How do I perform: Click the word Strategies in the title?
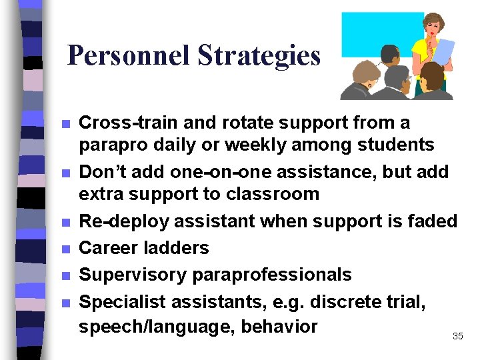coord(259,56)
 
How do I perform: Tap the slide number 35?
coord(457,337)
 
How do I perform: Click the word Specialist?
coord(122,301)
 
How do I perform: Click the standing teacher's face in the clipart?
coord(433,27)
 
